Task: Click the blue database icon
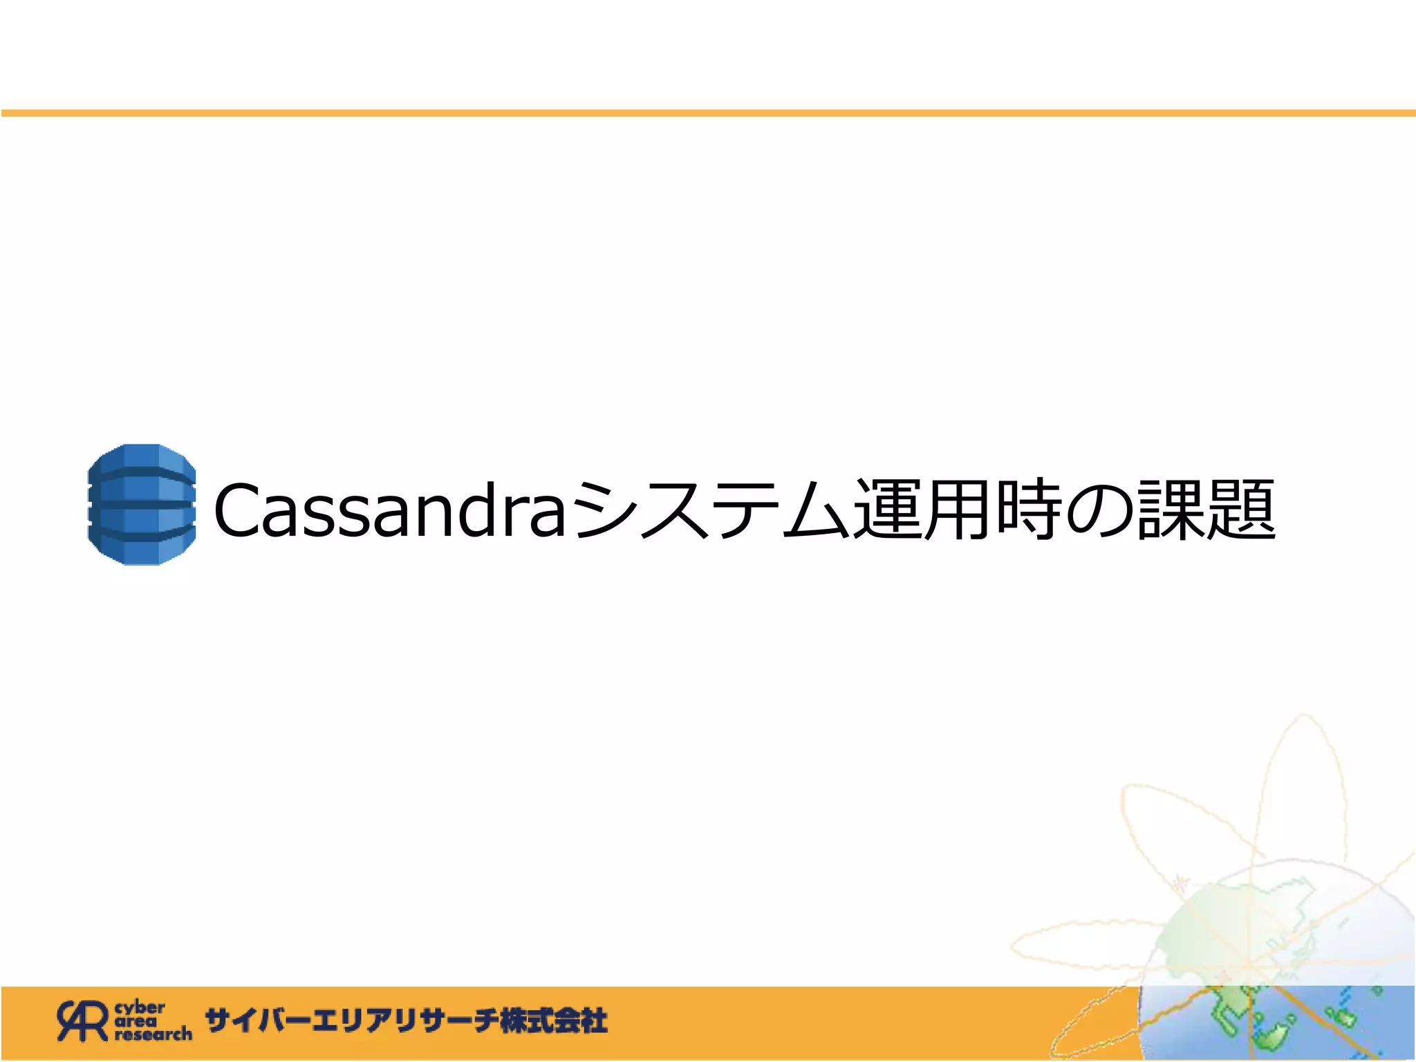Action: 142,505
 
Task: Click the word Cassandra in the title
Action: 391,510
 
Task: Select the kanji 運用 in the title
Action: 924,510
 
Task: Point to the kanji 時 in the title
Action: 1029,510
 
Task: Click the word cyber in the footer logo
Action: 140,1008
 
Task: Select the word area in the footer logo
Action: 136,1021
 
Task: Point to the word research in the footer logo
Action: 153,1034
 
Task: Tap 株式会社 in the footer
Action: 554,1021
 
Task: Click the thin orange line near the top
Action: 708,113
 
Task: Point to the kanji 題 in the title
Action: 1242,510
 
